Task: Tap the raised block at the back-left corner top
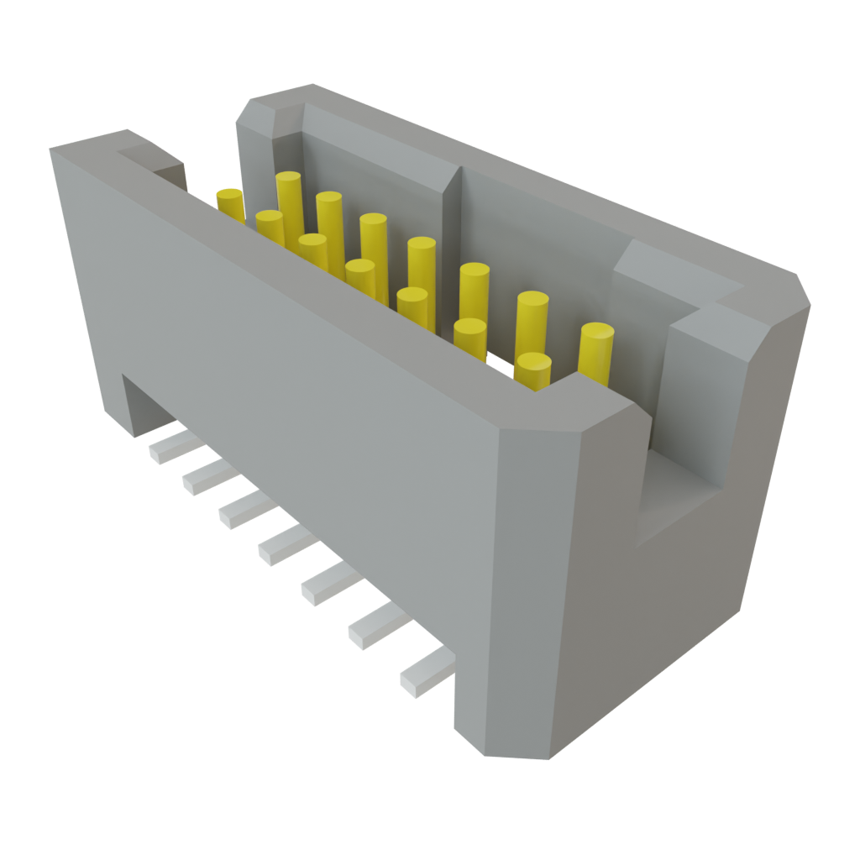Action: tap(277, 105)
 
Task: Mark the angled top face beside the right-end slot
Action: tap(672, 269)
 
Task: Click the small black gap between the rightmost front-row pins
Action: tap(501, 363)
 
